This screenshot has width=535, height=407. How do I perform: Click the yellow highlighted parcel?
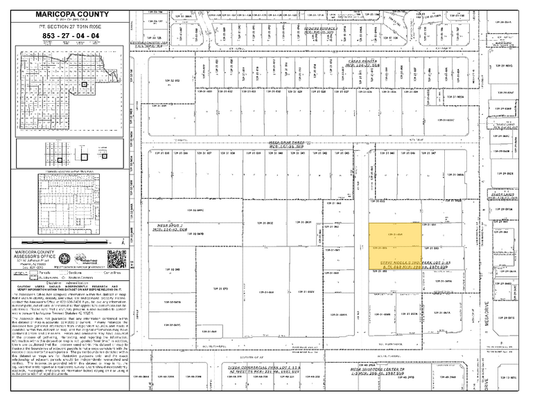(394, 245)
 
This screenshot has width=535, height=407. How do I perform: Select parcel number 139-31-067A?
(173, 302)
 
